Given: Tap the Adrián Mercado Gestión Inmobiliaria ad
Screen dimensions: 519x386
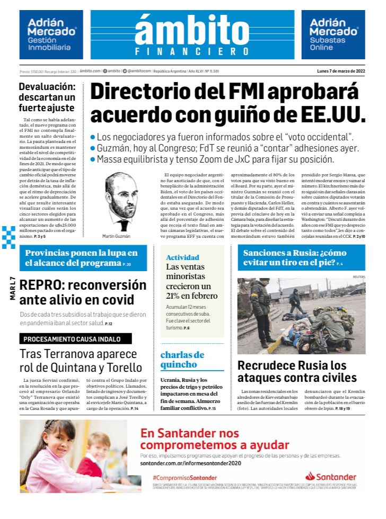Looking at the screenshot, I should pyautogui.click(x=51, y=35).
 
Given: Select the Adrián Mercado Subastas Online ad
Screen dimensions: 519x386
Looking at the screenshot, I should pyautogui.click(x=333, y=35).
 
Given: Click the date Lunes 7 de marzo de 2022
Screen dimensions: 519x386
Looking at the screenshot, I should pyautogui.click(x=341, y=71).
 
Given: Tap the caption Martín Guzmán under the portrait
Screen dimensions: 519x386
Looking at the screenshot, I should pyautogui.click(x=116, y=236).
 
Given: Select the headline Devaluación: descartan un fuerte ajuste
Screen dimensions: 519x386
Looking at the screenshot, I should pyautogui.click(x=47, y=97).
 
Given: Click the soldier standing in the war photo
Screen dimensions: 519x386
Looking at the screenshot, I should pyautogui.click(x=261, y=310).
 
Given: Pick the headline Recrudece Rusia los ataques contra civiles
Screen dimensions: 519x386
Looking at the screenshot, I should pyautogui.click(x=297, y=371).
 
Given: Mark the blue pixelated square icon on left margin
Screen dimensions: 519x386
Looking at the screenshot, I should pyautogui.click(x=8, y=237).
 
